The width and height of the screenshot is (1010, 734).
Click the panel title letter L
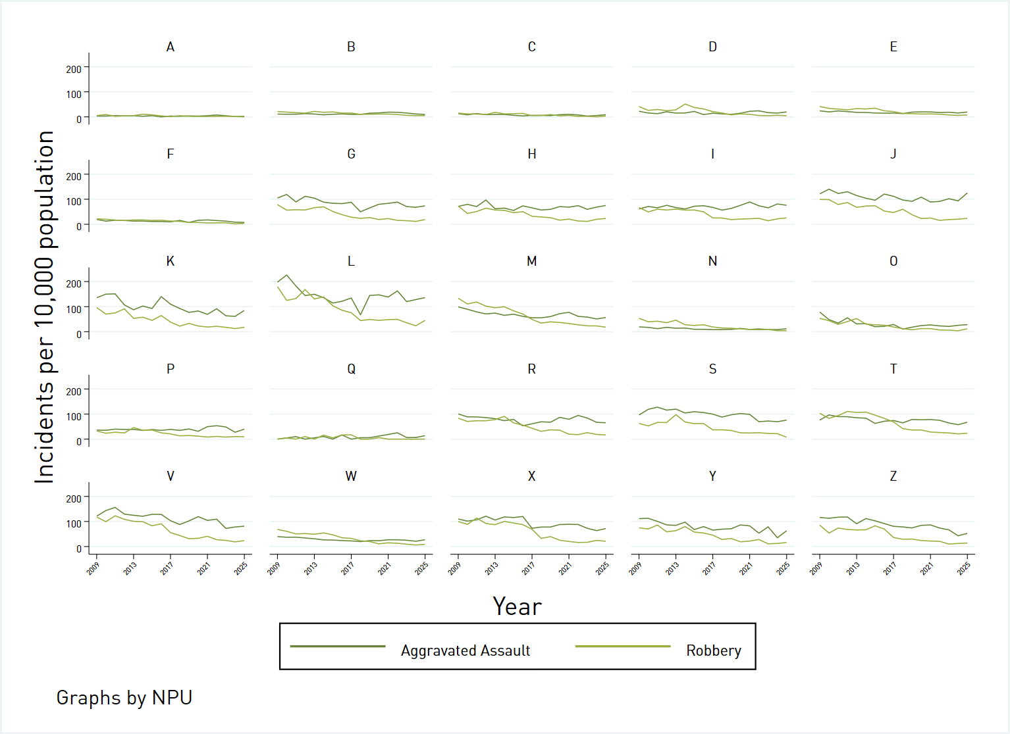(351, 261)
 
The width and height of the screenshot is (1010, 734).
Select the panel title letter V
(171, 476)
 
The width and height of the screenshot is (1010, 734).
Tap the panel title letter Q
(351, 369)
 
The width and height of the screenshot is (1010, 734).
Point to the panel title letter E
(893, 47)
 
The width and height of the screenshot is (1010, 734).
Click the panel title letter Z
(893, 476)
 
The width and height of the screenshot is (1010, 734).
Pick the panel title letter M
(532, 261)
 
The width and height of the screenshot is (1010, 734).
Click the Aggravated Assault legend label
(465, 650)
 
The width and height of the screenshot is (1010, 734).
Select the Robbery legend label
(713, 650)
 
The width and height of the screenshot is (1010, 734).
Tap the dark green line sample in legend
(338, 647)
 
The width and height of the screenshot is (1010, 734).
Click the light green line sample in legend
(622, 647)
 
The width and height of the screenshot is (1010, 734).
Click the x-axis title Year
(517, 606)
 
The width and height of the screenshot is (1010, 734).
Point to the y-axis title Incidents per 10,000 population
(44, 307)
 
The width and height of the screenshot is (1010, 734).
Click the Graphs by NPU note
(124, 697)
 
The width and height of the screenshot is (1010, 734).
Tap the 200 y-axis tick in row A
(74, 69)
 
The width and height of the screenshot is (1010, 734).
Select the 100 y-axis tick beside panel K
(74, 309)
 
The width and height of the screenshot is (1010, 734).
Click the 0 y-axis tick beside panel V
(79, 549)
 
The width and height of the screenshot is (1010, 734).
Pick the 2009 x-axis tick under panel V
(93, 568)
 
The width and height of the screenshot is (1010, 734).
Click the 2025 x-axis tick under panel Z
(964, 568)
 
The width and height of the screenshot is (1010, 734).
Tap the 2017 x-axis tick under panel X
(528, 568)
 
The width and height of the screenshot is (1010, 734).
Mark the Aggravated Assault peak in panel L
(286, 275)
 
